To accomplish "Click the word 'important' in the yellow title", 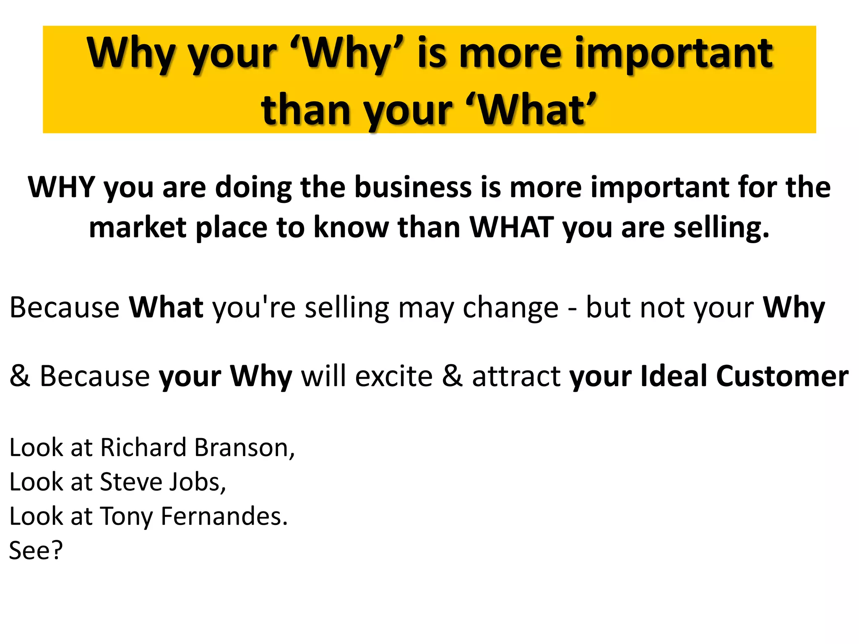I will click(x=673, y=54).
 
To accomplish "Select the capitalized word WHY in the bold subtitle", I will click(x=61, y=187).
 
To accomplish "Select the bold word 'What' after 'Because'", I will click(x=166, y=307).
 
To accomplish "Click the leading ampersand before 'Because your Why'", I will click(x=19, y=376).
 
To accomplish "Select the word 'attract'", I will click(x=516, y=376).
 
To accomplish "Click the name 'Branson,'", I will click(x=245, y=448).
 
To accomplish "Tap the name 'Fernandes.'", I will click(x=224, y=516).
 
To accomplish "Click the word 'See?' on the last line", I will click(x=36, y=551).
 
